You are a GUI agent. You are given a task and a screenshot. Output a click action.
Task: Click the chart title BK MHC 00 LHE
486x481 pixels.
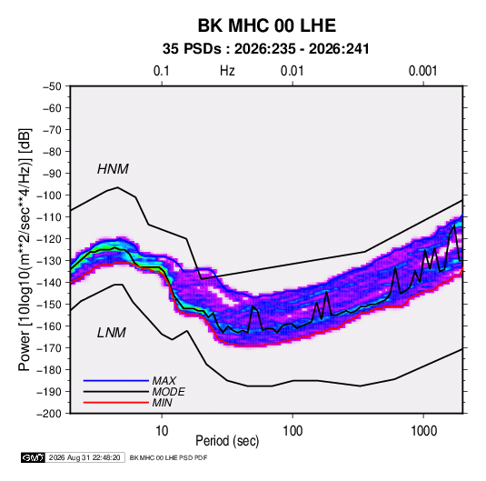267,25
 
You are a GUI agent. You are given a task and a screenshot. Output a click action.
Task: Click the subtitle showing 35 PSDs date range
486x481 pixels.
266,49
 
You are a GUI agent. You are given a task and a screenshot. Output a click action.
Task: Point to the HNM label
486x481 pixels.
113,169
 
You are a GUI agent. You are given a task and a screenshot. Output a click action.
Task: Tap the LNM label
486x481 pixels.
112,333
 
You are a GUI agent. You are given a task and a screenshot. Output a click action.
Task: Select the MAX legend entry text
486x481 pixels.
164,381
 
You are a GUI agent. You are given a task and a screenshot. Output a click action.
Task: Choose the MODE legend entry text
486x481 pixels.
169,392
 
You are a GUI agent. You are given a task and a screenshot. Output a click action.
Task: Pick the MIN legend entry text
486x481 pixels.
162,403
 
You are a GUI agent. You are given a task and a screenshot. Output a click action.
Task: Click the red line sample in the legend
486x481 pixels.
116,403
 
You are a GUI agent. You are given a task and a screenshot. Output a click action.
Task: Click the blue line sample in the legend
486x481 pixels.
116,381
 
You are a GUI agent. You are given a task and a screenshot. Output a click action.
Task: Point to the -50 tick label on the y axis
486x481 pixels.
52,86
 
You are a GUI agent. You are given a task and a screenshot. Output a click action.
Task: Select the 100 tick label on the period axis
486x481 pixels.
293,431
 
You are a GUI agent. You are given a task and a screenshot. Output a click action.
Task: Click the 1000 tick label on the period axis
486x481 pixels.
423,431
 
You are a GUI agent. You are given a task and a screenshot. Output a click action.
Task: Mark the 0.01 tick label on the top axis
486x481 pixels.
293,71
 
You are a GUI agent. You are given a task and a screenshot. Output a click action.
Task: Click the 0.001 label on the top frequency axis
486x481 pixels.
423,71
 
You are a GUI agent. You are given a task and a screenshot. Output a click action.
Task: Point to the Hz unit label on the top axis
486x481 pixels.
227,71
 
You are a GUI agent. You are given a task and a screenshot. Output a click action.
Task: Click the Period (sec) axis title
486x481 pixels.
227,441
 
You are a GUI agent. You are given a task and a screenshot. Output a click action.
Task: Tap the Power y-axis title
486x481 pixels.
25,249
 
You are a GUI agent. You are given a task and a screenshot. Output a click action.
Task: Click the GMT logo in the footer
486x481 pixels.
34,457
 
